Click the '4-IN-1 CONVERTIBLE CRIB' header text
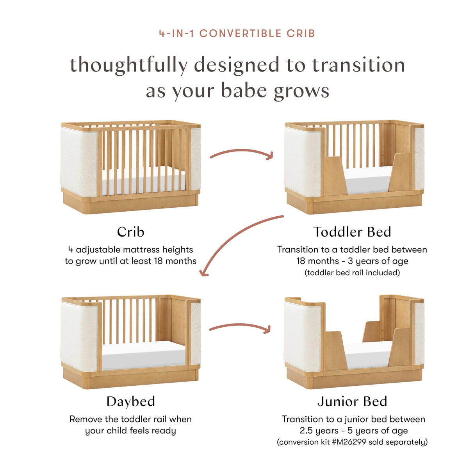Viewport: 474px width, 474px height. click(237, 34)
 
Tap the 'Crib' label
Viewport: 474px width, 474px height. click(130, 232)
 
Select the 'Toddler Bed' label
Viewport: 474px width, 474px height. click(352, 232)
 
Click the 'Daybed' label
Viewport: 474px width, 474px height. click(130, 401)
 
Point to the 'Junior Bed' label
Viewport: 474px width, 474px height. click(352, 401)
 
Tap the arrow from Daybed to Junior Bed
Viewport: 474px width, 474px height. click(240, 326)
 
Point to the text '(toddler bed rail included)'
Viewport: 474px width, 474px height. click(352, 273)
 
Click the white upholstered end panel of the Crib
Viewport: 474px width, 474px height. click(79, 162)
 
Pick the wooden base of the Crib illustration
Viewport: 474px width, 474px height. click(131, 203)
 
